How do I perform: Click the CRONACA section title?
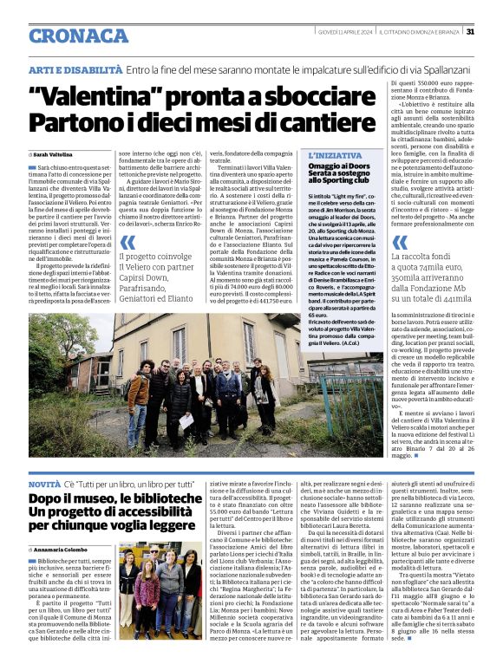pos(79,35)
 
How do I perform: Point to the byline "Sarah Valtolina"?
pos(56,153)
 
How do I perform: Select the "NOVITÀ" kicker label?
pos(44,482)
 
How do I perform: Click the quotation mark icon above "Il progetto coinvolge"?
pos(127,242)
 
